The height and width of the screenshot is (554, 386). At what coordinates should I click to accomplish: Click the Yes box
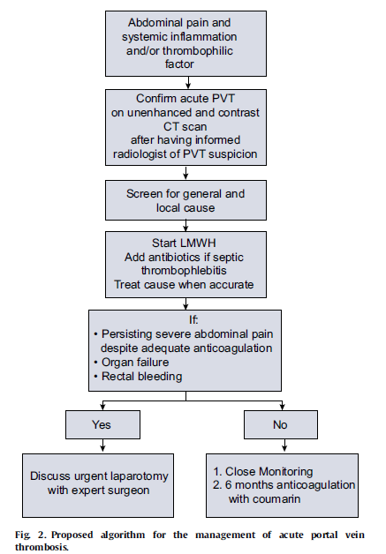point(102,424)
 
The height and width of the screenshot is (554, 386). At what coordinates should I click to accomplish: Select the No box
point(281,424)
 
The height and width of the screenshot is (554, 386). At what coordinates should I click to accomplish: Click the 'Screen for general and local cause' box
point(185,200)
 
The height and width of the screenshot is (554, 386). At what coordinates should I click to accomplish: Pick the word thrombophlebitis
point(184,271)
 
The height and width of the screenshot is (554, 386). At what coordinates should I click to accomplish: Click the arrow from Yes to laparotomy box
point(102,445)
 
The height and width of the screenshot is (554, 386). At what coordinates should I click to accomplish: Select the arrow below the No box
point(284,445)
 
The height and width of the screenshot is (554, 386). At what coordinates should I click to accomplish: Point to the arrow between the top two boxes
point(188,82)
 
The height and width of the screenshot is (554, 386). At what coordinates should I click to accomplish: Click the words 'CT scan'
point(185,126)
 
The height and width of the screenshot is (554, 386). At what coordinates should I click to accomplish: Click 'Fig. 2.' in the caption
point(31,535)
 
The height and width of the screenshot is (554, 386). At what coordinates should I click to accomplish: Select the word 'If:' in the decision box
point(193,319)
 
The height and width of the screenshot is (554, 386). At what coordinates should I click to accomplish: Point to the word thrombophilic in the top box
point(198,51)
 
